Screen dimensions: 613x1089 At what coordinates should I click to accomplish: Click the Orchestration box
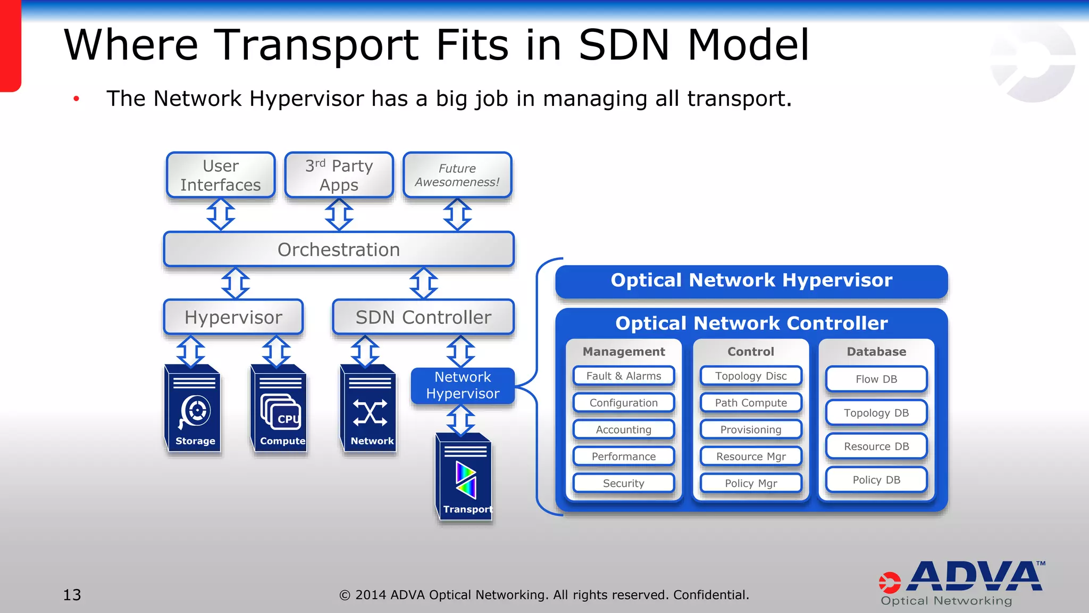pyautogui.click(x=339, y=250)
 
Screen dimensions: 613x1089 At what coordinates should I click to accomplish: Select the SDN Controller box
pyautogui.click(x=423, y=317)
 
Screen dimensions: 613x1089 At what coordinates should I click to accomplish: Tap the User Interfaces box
pyautogui.click(x=221, y=175)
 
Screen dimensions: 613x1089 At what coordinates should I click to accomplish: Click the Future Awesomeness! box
pyautogui.click(x=457, y=175)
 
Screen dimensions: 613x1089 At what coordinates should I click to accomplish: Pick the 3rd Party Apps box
pyautogui.click(x=339, y=175)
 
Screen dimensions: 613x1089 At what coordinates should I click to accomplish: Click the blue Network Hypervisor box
pyautogui.click(x=463, y=385)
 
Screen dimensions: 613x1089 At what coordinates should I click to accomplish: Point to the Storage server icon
pyautogui.click(x=193, y=409)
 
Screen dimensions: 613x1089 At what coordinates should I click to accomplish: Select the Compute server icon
pyautogui.click(x=280, y=409)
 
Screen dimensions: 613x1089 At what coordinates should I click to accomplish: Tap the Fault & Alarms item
pyautogui.click(x=624, y=376)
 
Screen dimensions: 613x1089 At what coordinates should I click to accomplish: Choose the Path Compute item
pyautogui.click(x=751, y=403)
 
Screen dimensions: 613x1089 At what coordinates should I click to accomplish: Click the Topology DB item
pyautogui.click(x=876, y=413)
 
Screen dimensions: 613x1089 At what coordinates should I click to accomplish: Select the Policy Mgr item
pyautogui.click(x=751, y=483)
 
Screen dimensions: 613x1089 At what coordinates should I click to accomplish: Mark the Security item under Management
pyautogui.click(x=624, y=483)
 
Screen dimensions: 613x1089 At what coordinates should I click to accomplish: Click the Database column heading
pyautogui.click(x=876, y=352)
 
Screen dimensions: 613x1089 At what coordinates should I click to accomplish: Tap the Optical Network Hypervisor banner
pyautogui.click(x=751, y=280)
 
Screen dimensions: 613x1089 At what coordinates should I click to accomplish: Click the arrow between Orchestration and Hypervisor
pyautogui.click(x=236, y=283)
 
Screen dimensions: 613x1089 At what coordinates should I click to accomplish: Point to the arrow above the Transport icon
pyautogui.click(x=461, y=419)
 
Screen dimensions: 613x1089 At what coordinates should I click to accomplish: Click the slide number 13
pyautogui.click(x=72, y=595)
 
